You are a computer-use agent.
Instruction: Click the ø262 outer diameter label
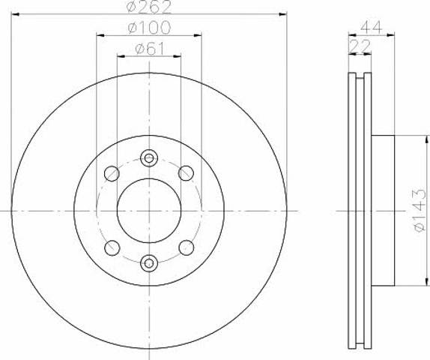coord(150,7)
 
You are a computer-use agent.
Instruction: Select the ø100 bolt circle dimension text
coord(150,28)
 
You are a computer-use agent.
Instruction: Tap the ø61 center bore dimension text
coord(150,49)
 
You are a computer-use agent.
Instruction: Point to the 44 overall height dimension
coord(371,27)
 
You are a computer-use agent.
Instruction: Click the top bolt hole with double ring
coord(149,158)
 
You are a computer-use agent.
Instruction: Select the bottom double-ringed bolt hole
coord(149,263)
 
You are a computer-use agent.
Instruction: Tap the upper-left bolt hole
coord(112,173)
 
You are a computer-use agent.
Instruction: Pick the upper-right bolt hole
coord(187,173)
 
